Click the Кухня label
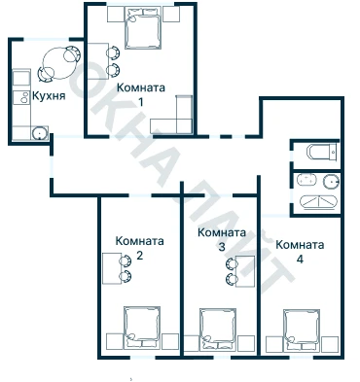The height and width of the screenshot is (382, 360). coord(49,95)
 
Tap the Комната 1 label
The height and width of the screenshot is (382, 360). coord(141,95)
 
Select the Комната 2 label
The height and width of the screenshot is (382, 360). coord(139,248)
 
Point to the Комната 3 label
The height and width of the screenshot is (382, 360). coord(222,240)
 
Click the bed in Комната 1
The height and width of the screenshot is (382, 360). coord(143,28)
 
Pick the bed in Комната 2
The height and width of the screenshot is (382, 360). coord(142,328)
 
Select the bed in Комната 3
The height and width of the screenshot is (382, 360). coord(217,329)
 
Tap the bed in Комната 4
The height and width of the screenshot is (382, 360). coord(302,330)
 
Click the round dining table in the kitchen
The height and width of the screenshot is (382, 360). coord(58,63)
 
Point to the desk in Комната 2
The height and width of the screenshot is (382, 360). coord(112,268)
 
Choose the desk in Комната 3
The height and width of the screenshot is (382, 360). coord(245,271)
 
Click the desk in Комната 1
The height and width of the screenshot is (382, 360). coord(97,61)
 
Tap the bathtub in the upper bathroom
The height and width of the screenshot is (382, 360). coord(322,152)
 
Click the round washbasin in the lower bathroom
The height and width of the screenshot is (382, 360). coord(332,182)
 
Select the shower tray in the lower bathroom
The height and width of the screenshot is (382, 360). coord(319,202)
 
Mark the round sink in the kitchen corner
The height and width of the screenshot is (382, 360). coord(39,133)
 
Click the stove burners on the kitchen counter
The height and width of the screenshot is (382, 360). coord(22,97)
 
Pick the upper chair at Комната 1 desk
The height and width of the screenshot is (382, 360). coord(113,53)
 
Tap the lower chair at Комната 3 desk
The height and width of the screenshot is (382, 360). coord(232,278)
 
